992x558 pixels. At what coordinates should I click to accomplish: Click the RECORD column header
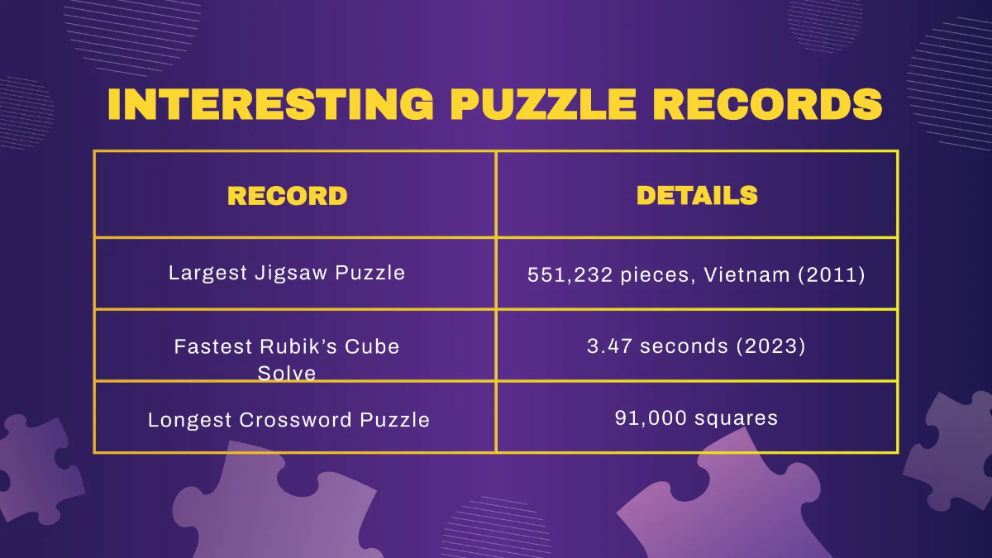287,196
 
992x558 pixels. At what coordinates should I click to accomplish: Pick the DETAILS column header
697,195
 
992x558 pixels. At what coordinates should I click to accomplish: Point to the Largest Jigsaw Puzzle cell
287,273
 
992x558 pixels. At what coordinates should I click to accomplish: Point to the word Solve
287,374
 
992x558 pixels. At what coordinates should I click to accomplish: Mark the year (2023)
770,346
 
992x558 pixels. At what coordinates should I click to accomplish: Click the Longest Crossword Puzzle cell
289,420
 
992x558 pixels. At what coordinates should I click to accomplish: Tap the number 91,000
650,418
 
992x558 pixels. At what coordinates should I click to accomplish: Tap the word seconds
683,346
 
